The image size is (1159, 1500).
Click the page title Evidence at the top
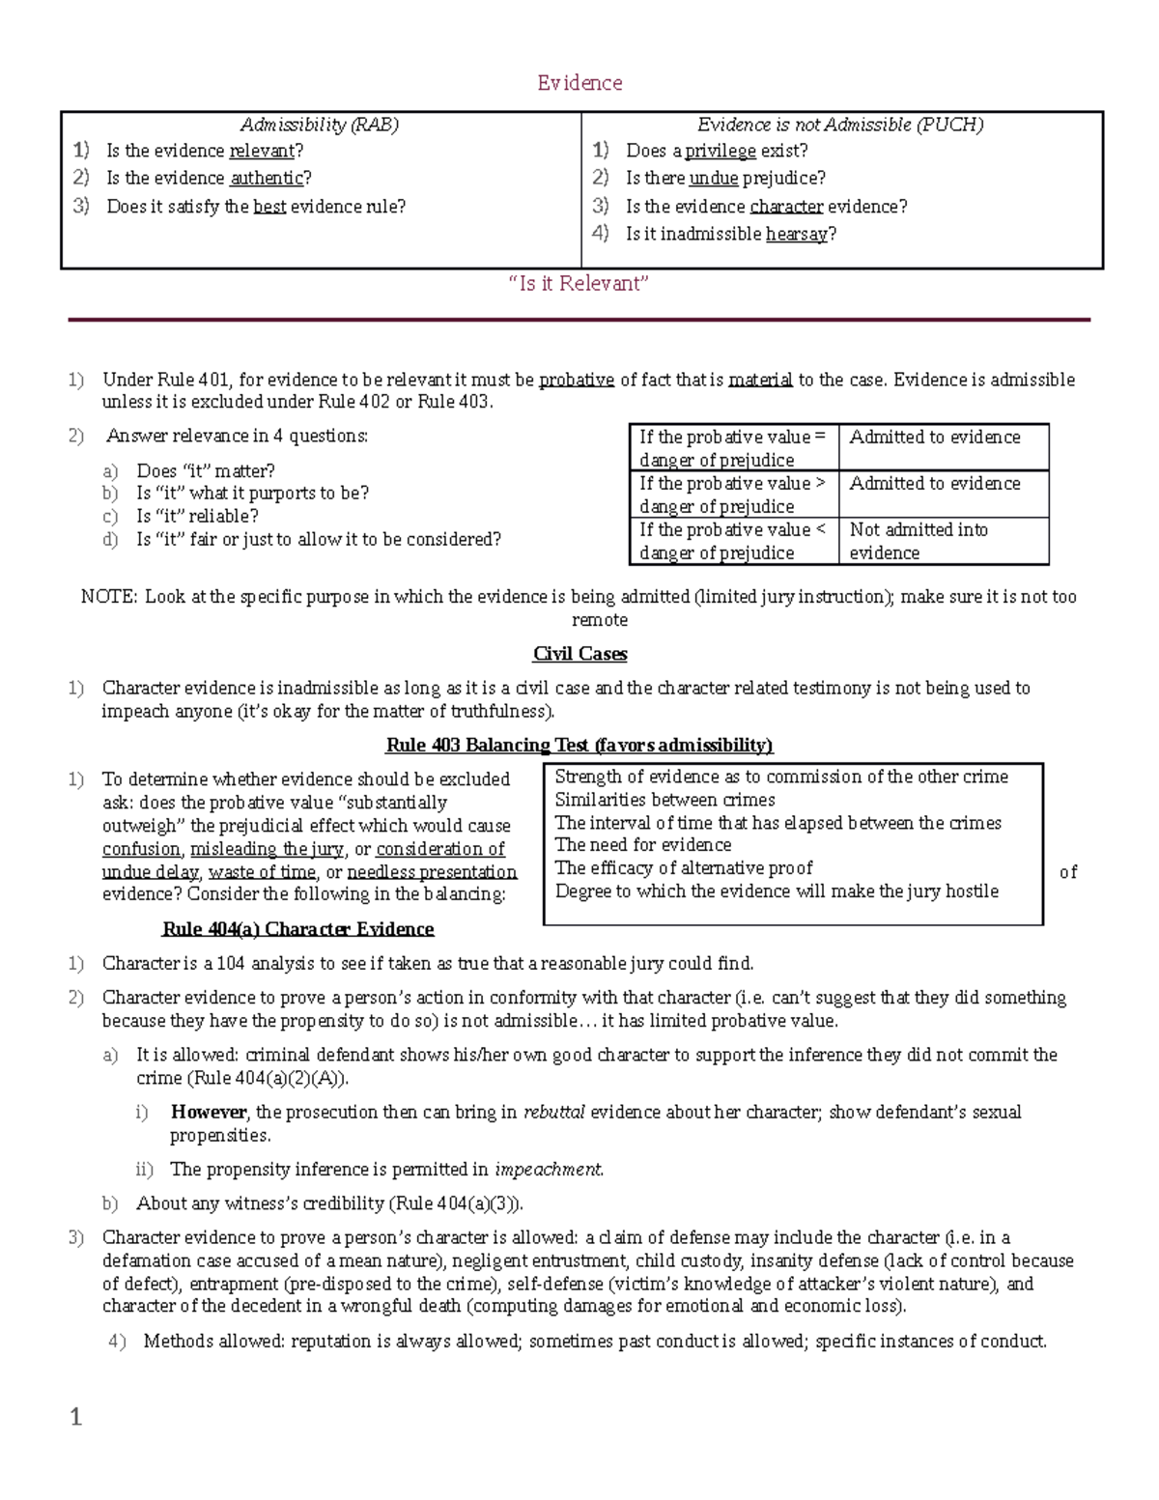[579, 83]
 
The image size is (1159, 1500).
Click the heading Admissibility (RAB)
[320, 125]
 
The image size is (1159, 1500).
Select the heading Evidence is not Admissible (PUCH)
[840, 125]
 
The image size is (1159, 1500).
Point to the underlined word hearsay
[797, 234]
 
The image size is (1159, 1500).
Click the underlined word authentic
[267, 178]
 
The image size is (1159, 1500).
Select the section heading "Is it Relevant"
[579, 283]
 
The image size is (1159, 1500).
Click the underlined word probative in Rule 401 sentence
[577, 380]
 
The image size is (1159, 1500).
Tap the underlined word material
[760, 380]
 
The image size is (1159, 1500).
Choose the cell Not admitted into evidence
[919, 541]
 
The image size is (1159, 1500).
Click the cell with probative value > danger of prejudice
[732, 495]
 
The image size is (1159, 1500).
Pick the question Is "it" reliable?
[197, 516]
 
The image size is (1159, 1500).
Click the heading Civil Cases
[579, 654]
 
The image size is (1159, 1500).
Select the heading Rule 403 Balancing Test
[579, 745]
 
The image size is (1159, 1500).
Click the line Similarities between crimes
[664, 800]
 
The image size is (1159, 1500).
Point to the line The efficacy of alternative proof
[684, 868]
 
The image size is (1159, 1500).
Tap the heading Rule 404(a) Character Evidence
[297, 929]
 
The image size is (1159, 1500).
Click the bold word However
[208, 1112]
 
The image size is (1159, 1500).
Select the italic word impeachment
[549, 1170]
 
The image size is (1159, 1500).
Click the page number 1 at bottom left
[76, 1417]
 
